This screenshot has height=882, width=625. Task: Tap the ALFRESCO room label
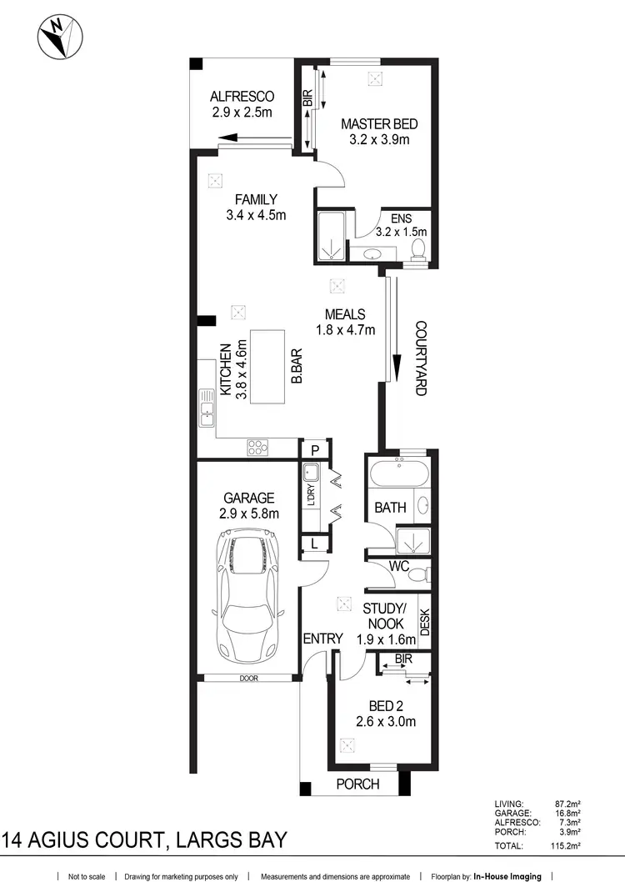pyautogui.click(x=242, y=96)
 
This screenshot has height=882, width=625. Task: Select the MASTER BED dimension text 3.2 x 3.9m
pyautogui.click(x=379, y=140)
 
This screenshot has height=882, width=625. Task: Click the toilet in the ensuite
pyautogui.click(x=419, y=248)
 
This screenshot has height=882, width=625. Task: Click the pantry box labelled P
pyautogui.click(x=314, y=450)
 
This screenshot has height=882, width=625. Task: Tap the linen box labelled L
pyautogui.click(x=313, y=544)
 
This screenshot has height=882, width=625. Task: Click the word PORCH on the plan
pyautogui.click(x=357, y=784)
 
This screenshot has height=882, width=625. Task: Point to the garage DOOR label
pyautogui.click(x=247, y=679)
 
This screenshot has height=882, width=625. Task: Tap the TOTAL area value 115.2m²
pyautogui.click(x=567, y=845)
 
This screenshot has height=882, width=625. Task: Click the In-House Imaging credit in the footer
pyautogui.click(x=507, y=876)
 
